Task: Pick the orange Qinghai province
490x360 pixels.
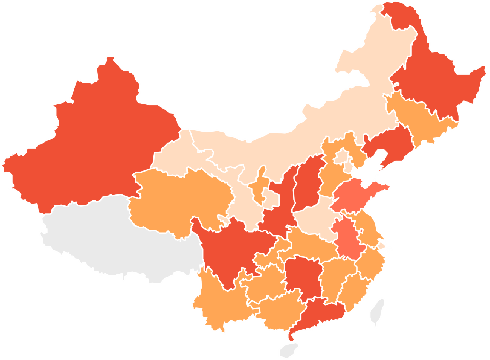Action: click(x=179, y=199)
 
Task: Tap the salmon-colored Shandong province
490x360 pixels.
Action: click(x=358, y=197)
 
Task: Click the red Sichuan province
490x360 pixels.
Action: click(x=230, y=245)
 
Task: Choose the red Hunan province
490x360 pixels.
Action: click(x=301, y=279)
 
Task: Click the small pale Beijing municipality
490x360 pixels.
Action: click(x=341, y=156)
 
